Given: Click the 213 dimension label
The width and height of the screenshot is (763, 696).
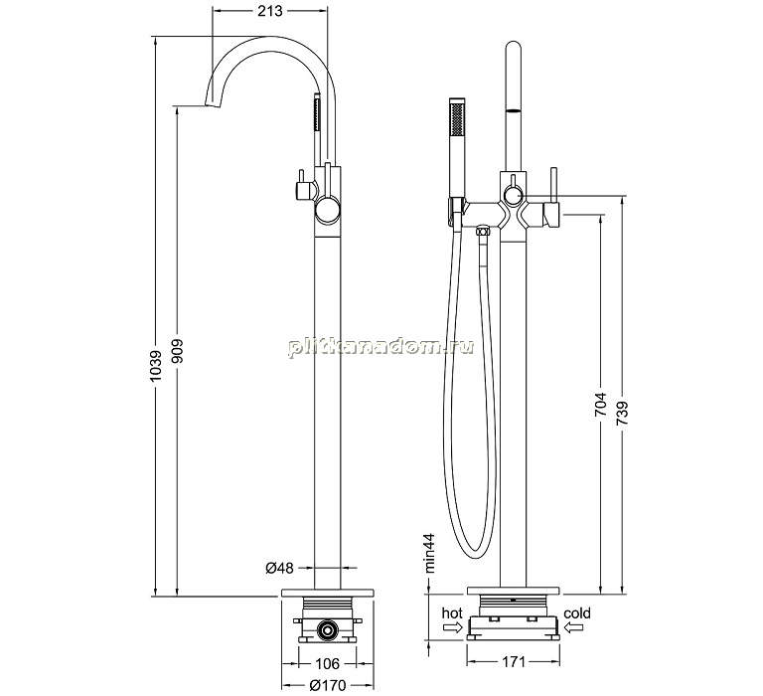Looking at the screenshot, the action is click(x=270, y=11).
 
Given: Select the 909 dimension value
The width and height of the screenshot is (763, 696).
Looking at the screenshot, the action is click(x=177, y=351).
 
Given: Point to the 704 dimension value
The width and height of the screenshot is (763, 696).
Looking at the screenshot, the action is click(x=600, y=404).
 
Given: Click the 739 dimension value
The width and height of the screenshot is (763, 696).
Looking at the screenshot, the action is click(x=622, y=413).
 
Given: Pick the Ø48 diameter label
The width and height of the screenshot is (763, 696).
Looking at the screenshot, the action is click(x=279, y=568).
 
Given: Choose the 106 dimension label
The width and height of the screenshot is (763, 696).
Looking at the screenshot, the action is click(x=327, y=663).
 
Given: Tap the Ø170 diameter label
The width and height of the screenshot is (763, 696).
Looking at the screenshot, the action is click(x=328, y=686).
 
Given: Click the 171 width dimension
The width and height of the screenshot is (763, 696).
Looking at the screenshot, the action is click(x=513, y=662).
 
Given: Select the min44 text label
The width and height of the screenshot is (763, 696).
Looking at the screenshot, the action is click(x=430, y=552).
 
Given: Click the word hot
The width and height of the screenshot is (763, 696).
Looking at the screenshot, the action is click(x=452, y=612).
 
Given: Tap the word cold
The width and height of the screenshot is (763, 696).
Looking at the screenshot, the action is click(x=577, y=612).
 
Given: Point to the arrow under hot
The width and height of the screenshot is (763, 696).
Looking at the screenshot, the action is click(x=452, y=628).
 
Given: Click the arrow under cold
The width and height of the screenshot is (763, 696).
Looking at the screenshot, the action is click(x=574, y=627).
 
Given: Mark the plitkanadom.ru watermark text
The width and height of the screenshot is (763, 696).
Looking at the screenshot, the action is click(x=381, y=347).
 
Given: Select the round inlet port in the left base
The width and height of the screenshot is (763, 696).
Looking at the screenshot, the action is click(x=327, y=631).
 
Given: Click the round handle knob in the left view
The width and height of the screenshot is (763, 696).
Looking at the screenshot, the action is click(x=327, y=211).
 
